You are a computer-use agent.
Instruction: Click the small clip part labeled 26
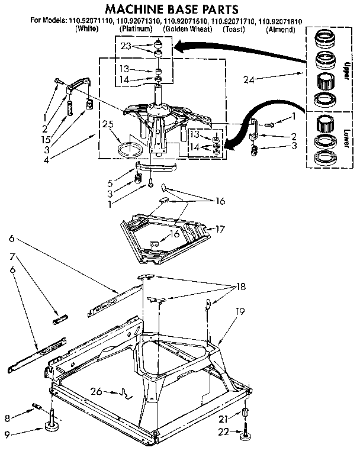click(126, 391)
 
